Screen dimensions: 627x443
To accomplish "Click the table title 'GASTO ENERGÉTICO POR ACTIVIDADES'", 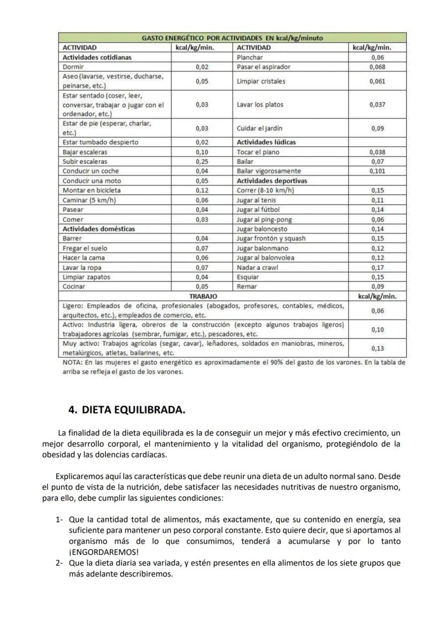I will pos(232,39).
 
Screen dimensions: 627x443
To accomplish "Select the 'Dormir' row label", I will pos(73,67).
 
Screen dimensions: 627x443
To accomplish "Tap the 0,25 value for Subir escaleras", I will pos(202,162).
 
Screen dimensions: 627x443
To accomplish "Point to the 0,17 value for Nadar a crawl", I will pos(378,267).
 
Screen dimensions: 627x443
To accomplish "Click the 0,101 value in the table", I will pos(378,171).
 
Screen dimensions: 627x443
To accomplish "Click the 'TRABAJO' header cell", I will pos(203,296).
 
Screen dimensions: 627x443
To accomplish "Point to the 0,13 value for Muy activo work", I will pos(378,349).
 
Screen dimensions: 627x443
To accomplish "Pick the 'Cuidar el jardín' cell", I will pos(259,129).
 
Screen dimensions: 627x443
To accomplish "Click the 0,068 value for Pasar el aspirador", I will pos(378,67).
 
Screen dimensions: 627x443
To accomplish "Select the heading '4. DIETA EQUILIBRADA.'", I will pos(127,410).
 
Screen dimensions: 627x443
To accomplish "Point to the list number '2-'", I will pos(59,563).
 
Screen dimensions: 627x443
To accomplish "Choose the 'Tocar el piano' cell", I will pos(258,152).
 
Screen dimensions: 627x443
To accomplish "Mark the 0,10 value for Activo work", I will pos(378,329).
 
